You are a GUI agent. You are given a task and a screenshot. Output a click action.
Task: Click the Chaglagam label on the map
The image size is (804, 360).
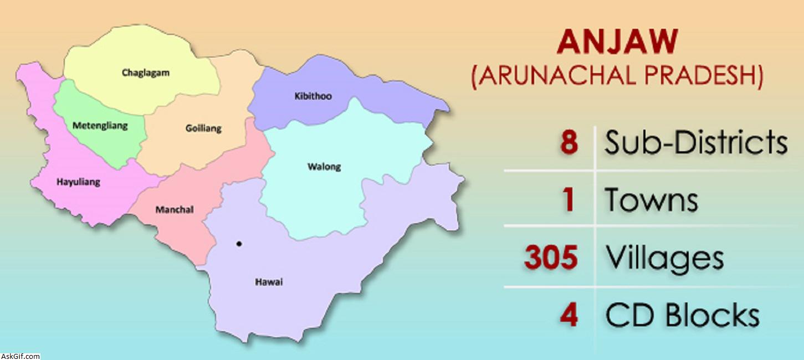146,73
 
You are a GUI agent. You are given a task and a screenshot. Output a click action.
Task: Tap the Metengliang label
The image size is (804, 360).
100,125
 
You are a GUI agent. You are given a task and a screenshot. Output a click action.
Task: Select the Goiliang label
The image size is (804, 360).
203,128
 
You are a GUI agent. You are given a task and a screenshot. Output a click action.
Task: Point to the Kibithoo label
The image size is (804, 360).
313,96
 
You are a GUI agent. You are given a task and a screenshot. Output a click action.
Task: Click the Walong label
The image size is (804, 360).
324,166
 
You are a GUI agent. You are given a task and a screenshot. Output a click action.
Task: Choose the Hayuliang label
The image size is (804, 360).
79,182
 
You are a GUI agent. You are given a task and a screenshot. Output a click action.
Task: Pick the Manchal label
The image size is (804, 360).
175,209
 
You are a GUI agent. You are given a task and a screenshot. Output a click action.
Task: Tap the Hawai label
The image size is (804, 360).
269,282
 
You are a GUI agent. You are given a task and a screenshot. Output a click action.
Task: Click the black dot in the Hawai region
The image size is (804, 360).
239,244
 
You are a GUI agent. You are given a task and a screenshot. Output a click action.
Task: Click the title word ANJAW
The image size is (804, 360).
618,42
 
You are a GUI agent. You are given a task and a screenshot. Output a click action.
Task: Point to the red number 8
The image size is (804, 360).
569,143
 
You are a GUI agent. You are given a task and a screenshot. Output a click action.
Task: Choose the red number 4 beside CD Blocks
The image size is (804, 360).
569,315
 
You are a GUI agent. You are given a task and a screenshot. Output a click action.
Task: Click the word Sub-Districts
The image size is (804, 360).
696,143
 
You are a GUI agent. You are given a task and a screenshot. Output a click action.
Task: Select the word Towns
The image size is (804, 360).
651,199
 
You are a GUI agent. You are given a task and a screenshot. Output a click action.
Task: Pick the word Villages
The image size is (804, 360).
664,258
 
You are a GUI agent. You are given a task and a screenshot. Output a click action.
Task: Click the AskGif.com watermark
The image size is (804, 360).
21,356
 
